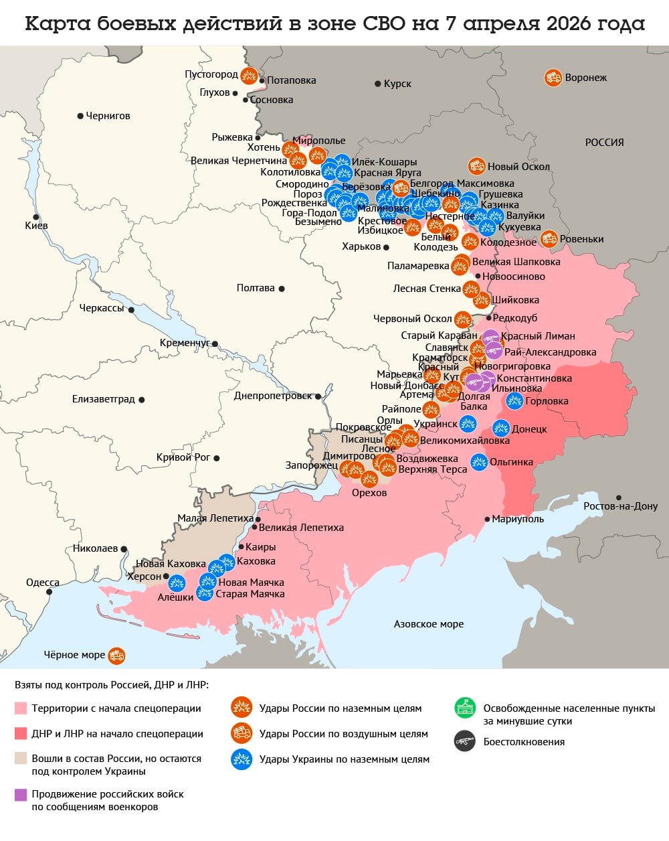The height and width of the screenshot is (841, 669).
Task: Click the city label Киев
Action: coord(36,226)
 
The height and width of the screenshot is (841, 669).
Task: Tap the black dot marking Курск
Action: coord(379,84)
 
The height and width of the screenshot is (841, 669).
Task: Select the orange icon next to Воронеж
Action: coord(553,78)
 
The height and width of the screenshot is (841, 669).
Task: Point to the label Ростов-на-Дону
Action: coord(620,506)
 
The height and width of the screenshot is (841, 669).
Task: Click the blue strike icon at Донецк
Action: coord(501,428)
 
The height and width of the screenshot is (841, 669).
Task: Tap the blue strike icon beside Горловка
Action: coord(514,400)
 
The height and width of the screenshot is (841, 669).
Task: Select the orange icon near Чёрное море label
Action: coord(116,656)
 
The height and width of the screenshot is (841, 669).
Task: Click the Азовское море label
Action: coord(428,624)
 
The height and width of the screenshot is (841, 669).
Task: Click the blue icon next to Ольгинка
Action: coord(478,462)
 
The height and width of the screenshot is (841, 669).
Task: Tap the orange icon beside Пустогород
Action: coord(250,75)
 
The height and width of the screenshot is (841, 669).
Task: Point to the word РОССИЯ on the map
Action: coord(604,142)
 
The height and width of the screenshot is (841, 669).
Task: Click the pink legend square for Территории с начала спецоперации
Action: coord(21,708)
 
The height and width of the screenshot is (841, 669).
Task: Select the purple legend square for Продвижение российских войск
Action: coord(21,795)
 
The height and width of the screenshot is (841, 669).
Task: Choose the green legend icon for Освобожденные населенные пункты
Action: coord(464,708)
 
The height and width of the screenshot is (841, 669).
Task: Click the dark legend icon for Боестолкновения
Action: coord(464,741)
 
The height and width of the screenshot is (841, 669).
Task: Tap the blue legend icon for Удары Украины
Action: coord(241,759)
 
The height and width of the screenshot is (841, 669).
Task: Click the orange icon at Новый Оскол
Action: coord(476,166)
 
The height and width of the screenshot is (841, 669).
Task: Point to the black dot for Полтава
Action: coord(282,289)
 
